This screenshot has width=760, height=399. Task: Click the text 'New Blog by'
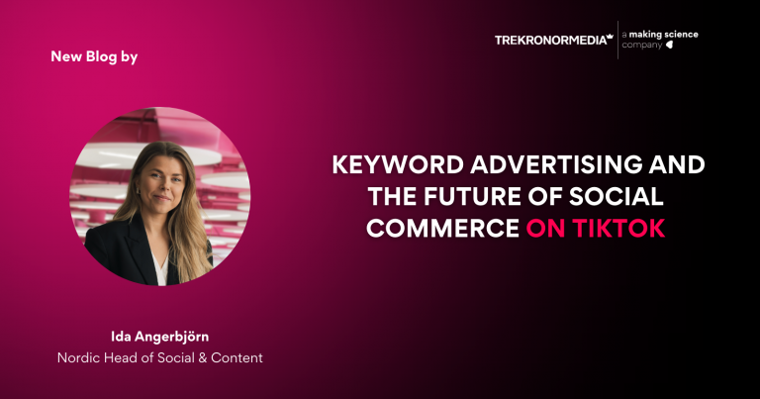(x=94, y=56)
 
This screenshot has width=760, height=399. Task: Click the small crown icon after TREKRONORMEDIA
(x=610, y=37)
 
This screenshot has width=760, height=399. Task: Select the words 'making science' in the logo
(x=665, y=34)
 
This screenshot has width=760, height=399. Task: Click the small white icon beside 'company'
(x=670, y=46)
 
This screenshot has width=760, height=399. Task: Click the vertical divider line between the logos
(x=617, y=40)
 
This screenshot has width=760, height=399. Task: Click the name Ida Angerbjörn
(x=159, y=338)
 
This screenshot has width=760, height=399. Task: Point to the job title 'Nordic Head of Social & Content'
(x=159, y=357)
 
